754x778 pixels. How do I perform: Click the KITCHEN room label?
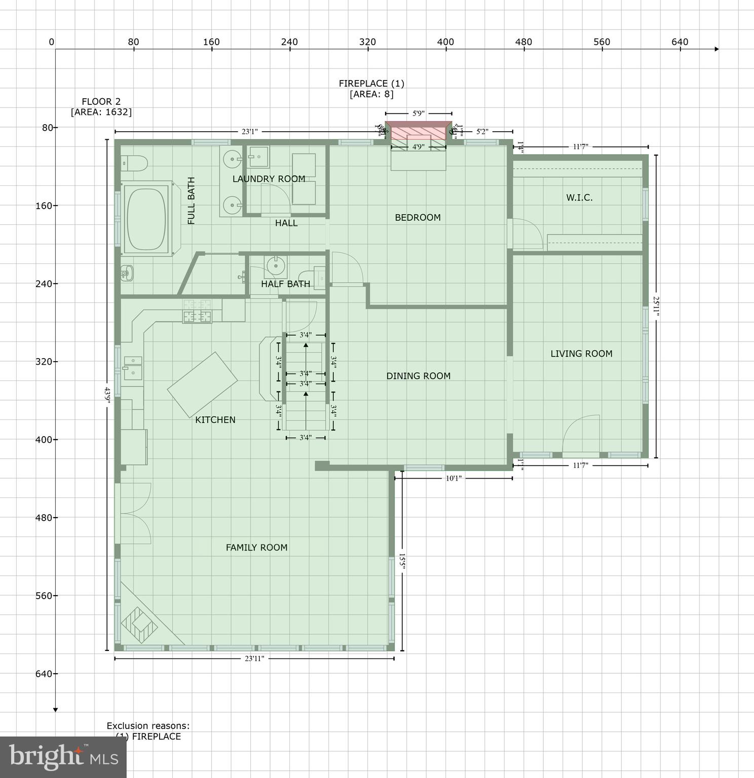click(215, 420)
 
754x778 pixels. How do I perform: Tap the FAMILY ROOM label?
click(256, 548)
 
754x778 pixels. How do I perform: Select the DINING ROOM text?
click(418, 376)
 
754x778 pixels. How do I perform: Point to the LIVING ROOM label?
click(581, 354)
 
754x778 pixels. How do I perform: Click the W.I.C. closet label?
click(579, 198)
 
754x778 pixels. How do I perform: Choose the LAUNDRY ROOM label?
click(269, 179)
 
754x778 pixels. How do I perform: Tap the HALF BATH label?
click(285, 284)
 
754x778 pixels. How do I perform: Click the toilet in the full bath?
click(134, 163)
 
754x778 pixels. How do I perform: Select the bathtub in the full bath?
click(146, 218)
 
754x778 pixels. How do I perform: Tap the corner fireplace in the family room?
click(139, 624)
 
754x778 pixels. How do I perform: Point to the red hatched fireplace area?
click(418, 133)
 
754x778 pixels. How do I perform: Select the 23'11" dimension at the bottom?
click(254, 658)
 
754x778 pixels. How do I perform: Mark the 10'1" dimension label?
click(454, 478)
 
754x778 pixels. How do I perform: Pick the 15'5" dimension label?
click(402, 561)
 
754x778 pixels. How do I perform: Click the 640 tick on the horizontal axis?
click(680, 42)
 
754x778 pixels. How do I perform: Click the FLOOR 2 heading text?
click(101, 102)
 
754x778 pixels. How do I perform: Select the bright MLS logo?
click(63, 757)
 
